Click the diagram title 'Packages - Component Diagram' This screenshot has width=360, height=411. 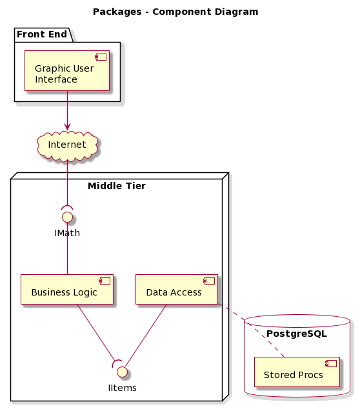[175, 12]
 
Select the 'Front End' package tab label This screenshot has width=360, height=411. [42, 34]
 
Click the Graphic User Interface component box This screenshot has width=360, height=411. [67, 71]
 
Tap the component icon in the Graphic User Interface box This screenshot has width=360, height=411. [101, 57]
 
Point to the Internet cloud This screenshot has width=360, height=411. [67, 146]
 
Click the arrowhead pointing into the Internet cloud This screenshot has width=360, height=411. [67, 127]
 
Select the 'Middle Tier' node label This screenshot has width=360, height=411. [117, 186]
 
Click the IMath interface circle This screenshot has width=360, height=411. [67, 217]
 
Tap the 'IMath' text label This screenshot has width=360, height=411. [67, 233]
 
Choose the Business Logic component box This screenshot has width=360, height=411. [67, 289]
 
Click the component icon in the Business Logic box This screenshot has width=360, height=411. [105, 281]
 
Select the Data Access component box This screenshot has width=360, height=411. [177, 289]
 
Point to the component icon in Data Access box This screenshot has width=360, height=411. [209, 281]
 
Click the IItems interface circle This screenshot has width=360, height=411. [122, 372]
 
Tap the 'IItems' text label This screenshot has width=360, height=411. [122, 388]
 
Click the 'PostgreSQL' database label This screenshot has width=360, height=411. [297, 334]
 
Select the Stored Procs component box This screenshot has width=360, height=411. [297, 372]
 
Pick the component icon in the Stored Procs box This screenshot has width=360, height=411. [331, 363]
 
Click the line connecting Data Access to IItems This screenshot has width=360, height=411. [146, 336]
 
